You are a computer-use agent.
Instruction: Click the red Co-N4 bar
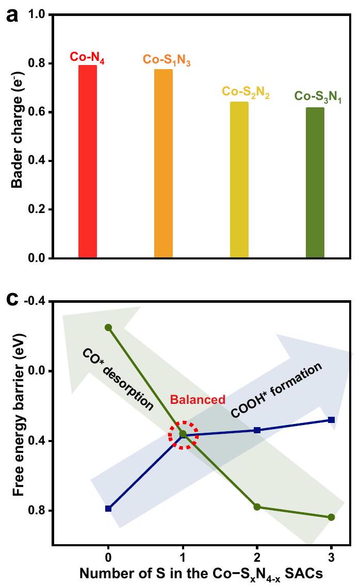(x=88, y=161)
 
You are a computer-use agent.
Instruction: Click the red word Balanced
(x=198, y=399)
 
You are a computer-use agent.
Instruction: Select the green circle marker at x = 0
(x=108, y=328)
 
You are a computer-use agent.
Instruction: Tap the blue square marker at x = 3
(x=331, y=420)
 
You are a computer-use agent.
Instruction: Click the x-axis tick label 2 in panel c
(x=257, y=558)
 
